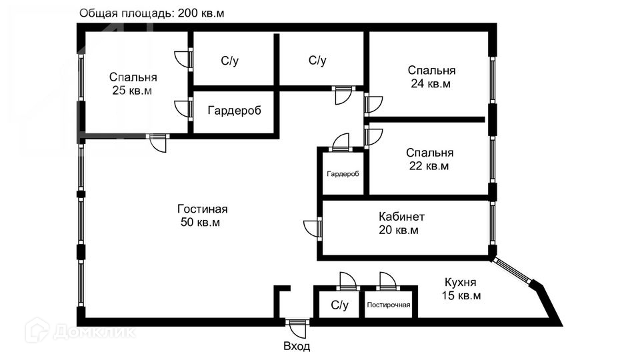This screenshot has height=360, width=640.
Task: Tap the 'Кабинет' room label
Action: click(x=401, y=217)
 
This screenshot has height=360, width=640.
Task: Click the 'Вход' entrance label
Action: click(x=297, y=347)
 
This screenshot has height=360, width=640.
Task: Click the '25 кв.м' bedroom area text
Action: click(x=132, y=91)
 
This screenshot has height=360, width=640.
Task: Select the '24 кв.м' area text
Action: click(x=431, y=84)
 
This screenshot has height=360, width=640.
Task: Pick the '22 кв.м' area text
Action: click(x=429, y=166)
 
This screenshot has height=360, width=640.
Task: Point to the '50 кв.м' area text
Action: click(x=200, y=222)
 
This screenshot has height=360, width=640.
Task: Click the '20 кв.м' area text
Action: click(x=399, y=231)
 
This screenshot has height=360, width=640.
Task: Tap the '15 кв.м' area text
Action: click(x=461, y=295)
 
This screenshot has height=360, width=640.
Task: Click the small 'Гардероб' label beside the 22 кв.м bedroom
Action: click(x=343, y=174)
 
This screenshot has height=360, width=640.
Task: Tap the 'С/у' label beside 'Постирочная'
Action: click(x=339, y=306)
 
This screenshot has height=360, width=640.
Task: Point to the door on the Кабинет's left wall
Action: click(x=313, y=228)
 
